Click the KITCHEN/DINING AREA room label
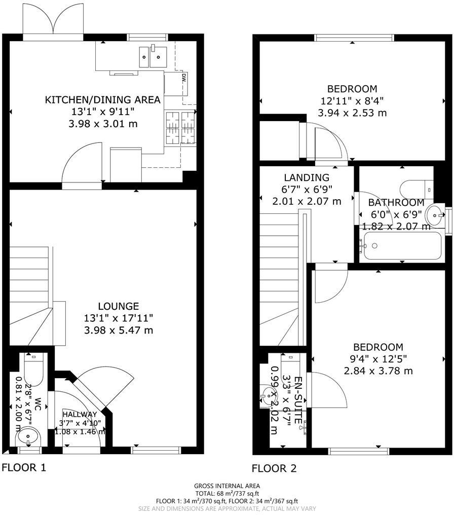(x=103, y=100)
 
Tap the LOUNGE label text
(x=118, y=306)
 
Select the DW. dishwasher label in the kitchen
(x=183, y=79)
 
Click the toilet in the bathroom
(x=415, y=190)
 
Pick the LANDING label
(x=306, y=177)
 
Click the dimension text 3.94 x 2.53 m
(x=352, y=113)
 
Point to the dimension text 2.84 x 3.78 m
(x=378, y=371)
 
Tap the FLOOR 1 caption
(x=24, y=467)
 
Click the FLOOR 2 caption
(x=274, y=468)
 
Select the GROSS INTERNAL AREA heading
(x=227, y=486)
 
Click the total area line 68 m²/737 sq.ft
(x=227, y=493)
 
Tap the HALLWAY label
(x=80, y=415)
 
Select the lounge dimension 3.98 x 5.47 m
(x=118, y=330)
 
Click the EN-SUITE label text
(x=298, y=400)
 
